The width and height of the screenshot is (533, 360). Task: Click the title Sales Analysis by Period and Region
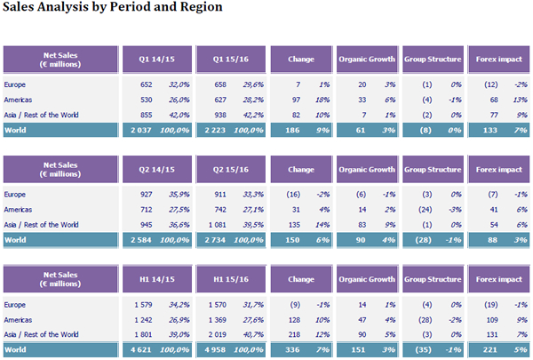coord(112,7)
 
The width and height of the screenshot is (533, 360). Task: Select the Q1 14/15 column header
coord(155,60)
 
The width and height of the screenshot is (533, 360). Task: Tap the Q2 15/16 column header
coord(230,169)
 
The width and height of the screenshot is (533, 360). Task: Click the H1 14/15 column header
coord(155,279)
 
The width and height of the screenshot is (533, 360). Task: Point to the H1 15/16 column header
coord(230,279)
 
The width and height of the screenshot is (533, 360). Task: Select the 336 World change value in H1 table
coord(293,349)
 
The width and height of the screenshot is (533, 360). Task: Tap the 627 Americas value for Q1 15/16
coord(219,100)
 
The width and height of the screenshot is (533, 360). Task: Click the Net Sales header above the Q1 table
coord(60,60)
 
